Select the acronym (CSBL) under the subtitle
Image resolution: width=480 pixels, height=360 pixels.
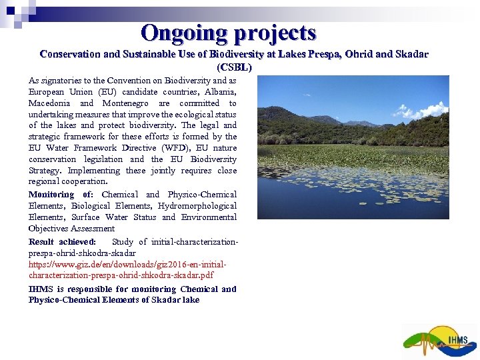pyautogui.click(x=234, y=67)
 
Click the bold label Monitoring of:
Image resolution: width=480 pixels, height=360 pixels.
pyautogui.click(x=61, y=194)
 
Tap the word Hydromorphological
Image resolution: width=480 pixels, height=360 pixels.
pyautogui.click(x=197, y=205)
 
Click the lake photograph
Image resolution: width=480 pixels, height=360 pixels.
pyautogui.click(x=353, y=147)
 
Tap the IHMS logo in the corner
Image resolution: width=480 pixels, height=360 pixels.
pyautogui.click(x=440, y=341)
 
